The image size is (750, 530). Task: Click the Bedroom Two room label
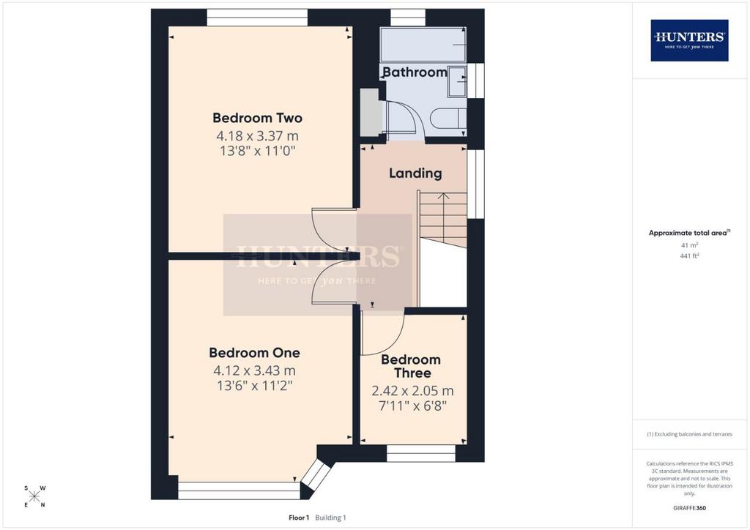(x=257, y=118)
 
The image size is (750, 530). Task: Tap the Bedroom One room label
(x=254, y=353)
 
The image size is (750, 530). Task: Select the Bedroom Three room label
(x=411, y=366)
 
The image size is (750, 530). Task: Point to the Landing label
(x=415, y=173)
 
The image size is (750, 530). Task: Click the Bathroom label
(x=415, y=72)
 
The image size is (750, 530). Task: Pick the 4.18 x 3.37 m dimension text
(x=257, y=135)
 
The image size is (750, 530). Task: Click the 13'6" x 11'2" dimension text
(x=254, y=386)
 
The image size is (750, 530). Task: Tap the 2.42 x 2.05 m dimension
(x=412, y=391)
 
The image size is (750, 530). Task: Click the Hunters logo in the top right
(x=689, y=40)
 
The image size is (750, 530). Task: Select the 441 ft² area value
(x=689, y=255)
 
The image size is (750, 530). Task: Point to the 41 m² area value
(x=689, y=245)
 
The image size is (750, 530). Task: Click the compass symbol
(x=34, y=496)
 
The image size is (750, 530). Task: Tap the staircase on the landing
(x=442, y=220)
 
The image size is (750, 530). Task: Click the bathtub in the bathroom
(x=423, y=45)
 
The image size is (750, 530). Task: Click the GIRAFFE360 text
(x=689, y=508)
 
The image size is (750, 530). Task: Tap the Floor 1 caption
(x=299, y=518)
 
